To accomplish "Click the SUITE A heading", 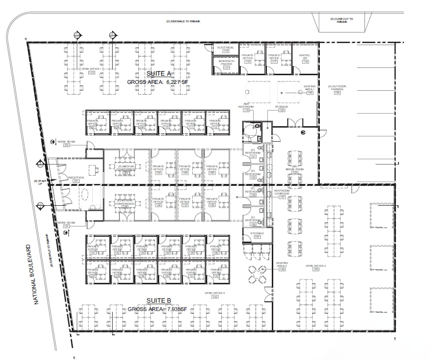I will click(158, 74).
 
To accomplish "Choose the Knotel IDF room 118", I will click(305, 58).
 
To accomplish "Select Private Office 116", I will click(248, 58).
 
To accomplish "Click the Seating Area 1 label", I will click(310, 89).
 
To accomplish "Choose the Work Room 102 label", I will click(64, 143).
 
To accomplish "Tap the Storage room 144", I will click(257, 235).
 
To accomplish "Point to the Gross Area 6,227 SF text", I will click(158, 82).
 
